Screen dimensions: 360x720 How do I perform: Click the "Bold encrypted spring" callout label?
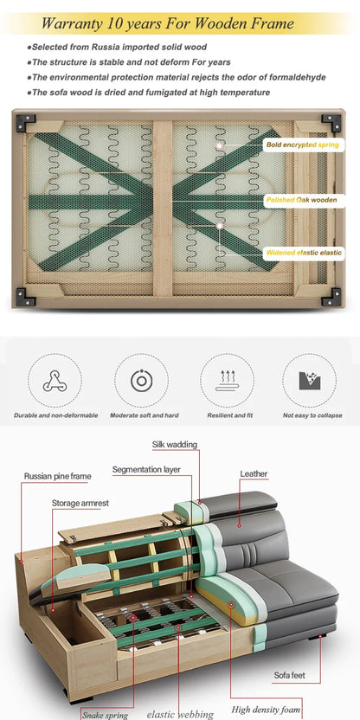click(303, 145)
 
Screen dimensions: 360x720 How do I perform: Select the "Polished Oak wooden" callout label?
click(304, 200)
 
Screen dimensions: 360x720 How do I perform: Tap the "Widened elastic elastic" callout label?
click(304, 253)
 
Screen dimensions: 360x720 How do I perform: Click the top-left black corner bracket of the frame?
click(25, 123)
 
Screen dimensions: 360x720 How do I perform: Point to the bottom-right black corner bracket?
click(331, 297)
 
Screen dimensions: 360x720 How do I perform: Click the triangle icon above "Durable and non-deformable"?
click(55, 381)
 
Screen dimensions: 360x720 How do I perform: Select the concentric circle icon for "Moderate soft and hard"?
click(141, 381)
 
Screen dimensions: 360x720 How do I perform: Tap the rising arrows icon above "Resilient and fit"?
click(227, 380)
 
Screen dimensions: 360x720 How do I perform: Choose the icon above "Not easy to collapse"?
click(310, 381)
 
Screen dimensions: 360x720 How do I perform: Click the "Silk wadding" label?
click(175, 445)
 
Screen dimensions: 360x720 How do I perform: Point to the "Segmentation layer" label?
click(146, 470)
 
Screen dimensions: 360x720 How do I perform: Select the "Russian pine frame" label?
click(58, 476)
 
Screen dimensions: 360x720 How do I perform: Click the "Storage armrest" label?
click(80, 504)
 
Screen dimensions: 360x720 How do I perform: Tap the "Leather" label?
click(254, 474)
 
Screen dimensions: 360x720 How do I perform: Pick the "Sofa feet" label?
click(290, 676)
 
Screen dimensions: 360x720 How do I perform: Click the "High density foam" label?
click(266, 710)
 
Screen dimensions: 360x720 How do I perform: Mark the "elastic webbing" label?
click(180, 715)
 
